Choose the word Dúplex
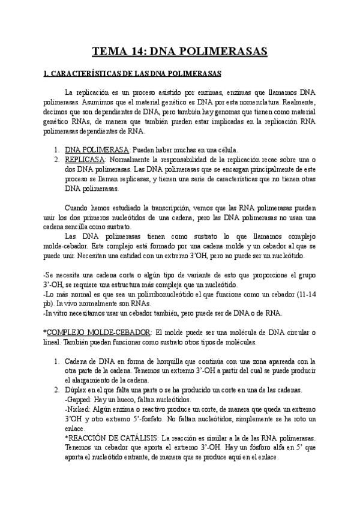pyautogui.click(x=77, y=390)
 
